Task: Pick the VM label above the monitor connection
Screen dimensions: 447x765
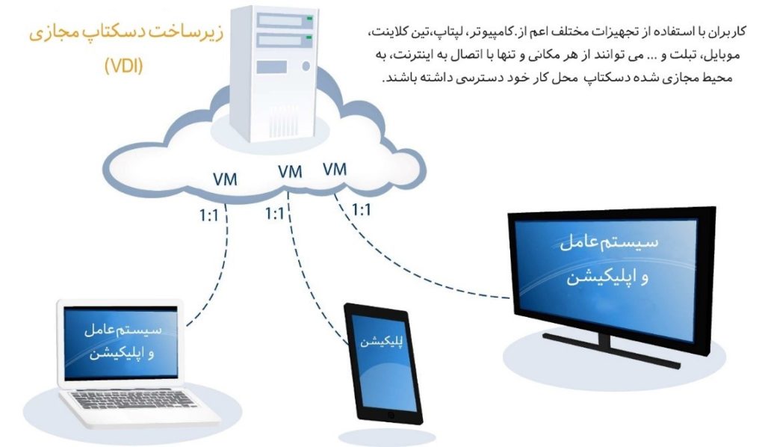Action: pyautogui.click(x=335, y=169)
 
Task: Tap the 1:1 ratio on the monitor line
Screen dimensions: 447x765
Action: pyautogui.click(x=362, y=210)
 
